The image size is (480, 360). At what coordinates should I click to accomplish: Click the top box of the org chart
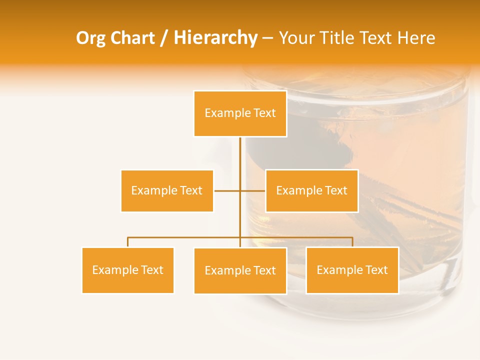[x=240, y=113]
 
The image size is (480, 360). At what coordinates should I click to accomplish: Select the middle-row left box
[x=167, y=190]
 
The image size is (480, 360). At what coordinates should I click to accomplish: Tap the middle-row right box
[x=311, y=190]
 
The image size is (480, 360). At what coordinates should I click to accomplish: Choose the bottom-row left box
[x=128, y=270]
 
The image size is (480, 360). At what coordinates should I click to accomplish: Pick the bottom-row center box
[x=240, y=270]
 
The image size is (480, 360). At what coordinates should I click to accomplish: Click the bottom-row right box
[x=352, y=270]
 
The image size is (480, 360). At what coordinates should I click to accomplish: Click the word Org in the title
[x=90, y=38]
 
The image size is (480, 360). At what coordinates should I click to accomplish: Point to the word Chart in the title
[x=132, y=38]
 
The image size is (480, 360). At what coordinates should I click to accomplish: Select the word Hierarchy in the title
[x=215, y=38]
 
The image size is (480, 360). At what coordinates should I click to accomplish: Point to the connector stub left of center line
[x=226, y=190]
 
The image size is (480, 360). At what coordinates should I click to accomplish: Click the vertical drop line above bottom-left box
[x=128, y=242]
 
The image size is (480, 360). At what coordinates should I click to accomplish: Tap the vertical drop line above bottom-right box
[x=352, y=242]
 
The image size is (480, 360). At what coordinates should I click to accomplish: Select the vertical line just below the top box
[x=240, y=150]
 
